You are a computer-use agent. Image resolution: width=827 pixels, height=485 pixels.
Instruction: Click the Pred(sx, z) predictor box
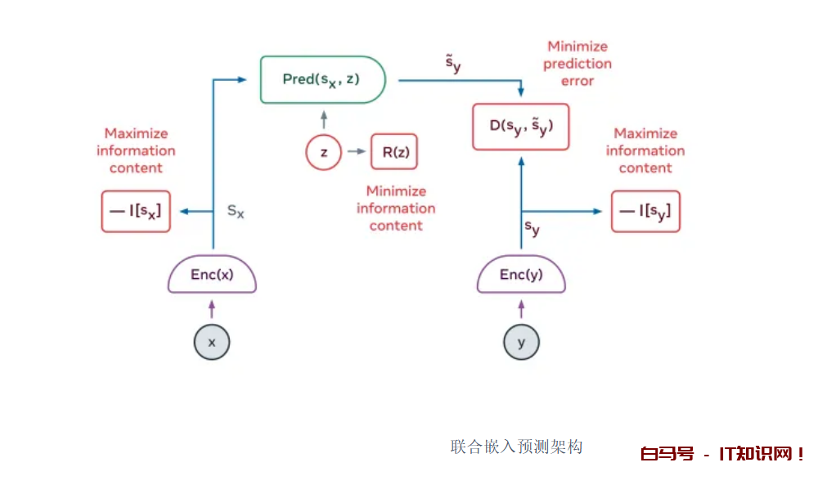tap(322, 79)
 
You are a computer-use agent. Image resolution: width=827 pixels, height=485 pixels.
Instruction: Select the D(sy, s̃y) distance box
tap(520, 127)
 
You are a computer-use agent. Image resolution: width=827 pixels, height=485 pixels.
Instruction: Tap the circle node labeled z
tap(323, 152)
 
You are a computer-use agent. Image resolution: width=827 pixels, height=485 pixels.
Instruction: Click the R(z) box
tap(394, 152)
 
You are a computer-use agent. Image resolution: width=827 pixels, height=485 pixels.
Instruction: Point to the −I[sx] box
tap(136, 211)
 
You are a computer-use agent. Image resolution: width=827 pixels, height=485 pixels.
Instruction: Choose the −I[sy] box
tap(645, 211)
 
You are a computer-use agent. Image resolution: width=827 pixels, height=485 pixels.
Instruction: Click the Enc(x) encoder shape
tap(212, 276)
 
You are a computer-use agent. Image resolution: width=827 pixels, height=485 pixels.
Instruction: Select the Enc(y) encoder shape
tap(521, 276)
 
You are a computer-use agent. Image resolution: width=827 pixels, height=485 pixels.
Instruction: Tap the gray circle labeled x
tap(212, 343)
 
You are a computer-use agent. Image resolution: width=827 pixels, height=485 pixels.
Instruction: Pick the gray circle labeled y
tap(521, 343)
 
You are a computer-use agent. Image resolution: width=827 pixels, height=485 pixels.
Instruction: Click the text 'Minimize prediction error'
tap(578, 64)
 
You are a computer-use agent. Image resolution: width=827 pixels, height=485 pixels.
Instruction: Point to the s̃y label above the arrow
tap(452, 64)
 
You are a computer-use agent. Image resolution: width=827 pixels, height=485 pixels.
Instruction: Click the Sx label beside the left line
tap(236, 211)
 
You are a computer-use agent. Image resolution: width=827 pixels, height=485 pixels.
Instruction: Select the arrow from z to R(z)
tap(356, 152)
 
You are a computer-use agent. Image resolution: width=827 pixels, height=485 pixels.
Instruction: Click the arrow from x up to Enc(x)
tap(212, 308)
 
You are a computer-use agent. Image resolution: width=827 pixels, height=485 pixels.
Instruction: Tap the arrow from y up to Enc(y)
tap(521, 308)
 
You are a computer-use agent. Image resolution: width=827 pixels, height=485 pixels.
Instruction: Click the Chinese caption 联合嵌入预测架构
tap(516, 447)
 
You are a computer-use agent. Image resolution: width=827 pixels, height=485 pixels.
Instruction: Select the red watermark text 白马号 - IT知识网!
tap(722, 454)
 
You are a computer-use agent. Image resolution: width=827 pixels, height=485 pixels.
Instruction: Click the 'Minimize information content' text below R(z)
tap(396, 208)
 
